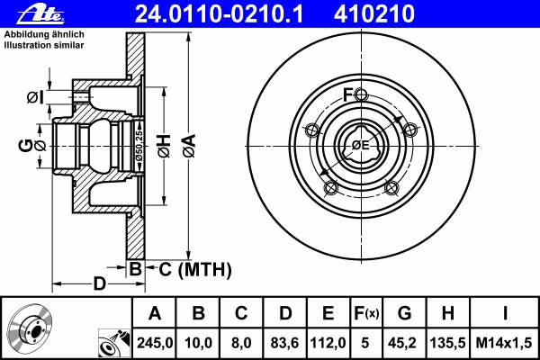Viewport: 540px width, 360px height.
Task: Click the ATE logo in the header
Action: [x=40, y=13]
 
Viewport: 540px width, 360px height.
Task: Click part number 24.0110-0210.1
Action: [x=219, y=13]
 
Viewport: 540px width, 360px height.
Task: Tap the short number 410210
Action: [x=374, y=13]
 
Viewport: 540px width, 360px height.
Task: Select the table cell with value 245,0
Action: [x=154, y=343]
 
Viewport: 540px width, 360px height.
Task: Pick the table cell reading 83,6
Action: [x=284, y=343]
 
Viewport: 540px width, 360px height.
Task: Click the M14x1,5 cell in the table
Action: [x=504, y=343]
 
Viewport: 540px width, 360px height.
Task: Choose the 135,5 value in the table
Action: [x=447, y=343]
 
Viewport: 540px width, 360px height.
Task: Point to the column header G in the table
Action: [x=404, y=313]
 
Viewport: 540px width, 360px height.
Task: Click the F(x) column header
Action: [x=366, y=313]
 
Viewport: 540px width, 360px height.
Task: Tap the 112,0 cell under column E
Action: [x=328, y=343]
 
